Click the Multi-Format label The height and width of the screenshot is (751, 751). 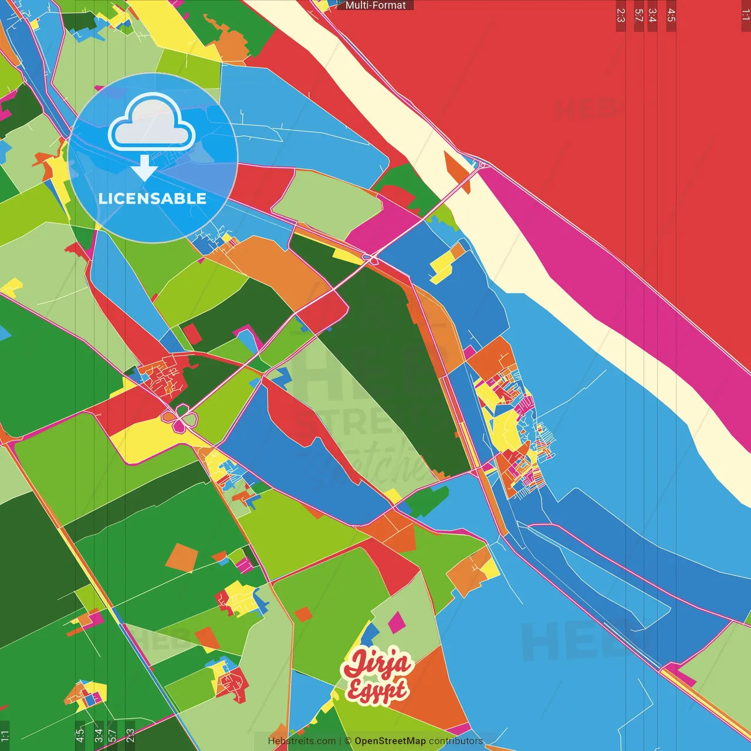tap(375, 5)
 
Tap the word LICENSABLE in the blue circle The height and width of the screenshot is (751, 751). tap(153, 198)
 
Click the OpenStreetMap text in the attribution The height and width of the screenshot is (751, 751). tap(390, 741)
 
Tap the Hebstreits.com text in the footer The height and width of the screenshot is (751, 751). tap(302, 741)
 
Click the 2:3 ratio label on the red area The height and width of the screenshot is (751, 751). tap(621, 15)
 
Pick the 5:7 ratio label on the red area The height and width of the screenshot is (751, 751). tap(639, 15)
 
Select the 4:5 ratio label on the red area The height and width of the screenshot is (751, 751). tap(671, 15)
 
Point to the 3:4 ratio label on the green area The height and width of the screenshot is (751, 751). tap(99, 735)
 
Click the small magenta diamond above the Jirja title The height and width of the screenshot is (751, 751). tap(397, 623)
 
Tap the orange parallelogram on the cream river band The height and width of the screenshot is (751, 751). tap(456, 171)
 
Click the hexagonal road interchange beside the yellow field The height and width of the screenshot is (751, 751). tap(182, 418)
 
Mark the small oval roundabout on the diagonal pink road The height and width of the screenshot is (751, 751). tap(370, 258)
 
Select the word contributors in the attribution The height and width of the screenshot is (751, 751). tap(456, 741)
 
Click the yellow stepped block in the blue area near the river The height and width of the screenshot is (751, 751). tap(443, 264)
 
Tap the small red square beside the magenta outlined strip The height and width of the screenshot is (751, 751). tap(191, 334)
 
